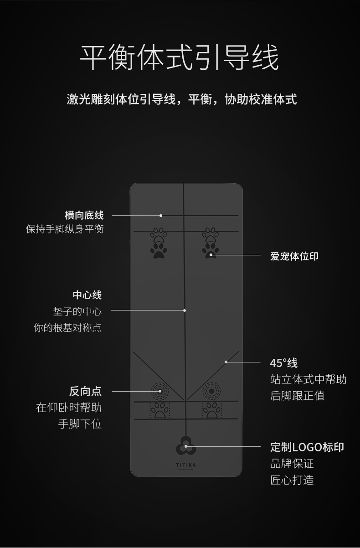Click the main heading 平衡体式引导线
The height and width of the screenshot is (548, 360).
(x=180, y=58)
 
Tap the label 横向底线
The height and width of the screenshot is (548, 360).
(x=84, y=215)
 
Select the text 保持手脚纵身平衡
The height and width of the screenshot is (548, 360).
(x=65, y=229)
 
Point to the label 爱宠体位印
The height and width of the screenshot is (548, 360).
(x=294, y=256)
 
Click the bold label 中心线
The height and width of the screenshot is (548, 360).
(x=87, y=295)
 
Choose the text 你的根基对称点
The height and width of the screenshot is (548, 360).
(x=67, y=328)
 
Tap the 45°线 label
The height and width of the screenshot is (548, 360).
(x=283, y=363)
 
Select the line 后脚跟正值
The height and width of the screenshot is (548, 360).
(x=297, y=396)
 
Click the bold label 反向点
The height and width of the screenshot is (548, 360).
(x=85, y=391)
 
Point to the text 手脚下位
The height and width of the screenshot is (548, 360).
(x=80, y=424)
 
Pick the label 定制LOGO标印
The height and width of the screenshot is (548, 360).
(x=307, y=447)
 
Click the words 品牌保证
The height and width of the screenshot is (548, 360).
(x=292, y=464)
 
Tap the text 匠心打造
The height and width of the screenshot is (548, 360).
(x=292, y=480)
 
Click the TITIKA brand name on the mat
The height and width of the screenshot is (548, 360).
(x=186, y=465)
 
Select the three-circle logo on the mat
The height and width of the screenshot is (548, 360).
(x=186, y=446)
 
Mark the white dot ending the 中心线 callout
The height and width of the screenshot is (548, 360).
(x=185, y=310)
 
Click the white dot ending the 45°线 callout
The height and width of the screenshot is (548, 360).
(x=226, y=362)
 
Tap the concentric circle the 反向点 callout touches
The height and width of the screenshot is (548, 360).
(x=159, y=391)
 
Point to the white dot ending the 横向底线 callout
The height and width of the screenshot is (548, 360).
(x=161, y=215)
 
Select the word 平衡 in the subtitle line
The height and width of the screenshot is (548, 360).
(x=200, y=99)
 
